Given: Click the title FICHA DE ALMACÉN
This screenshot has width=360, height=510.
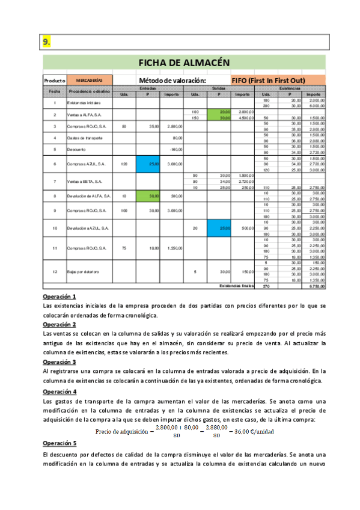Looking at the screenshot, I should pos(185,62).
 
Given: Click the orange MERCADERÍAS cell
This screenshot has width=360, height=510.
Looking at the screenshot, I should pos(90,80).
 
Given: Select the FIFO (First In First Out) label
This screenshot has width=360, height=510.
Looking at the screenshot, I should pos(269,80).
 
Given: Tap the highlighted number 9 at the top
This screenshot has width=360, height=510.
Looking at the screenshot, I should pos(46,41).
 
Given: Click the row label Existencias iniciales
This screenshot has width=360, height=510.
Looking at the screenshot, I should pos(84,103).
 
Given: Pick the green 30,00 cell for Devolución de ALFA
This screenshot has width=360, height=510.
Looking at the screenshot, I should pos(153,195).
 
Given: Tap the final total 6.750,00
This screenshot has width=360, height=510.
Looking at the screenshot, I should pos(315,286).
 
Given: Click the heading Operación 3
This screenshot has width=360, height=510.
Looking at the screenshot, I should pos(59,362).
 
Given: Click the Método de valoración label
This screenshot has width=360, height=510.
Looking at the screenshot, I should pos(172,80).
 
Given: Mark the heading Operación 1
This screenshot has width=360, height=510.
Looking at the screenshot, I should pos(59,296).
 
